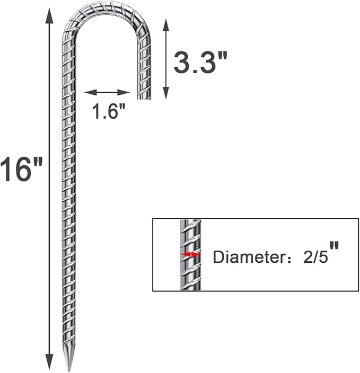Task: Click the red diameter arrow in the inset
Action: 190,255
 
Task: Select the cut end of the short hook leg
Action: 144,97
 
